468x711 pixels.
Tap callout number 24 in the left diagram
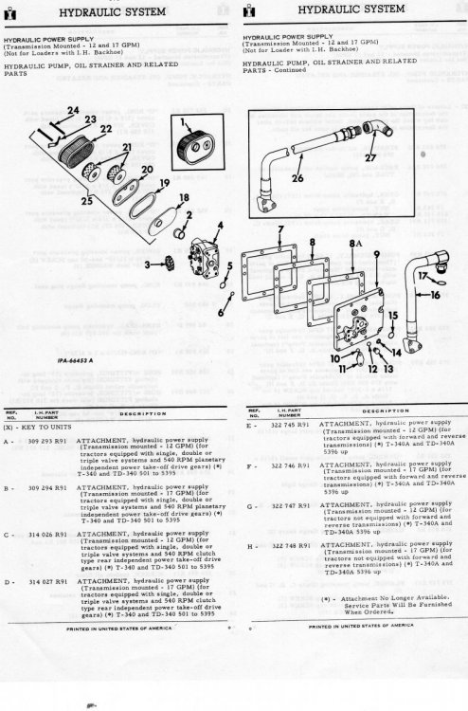[x=72, y=137]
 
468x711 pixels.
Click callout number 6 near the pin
[x=221, y=310]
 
